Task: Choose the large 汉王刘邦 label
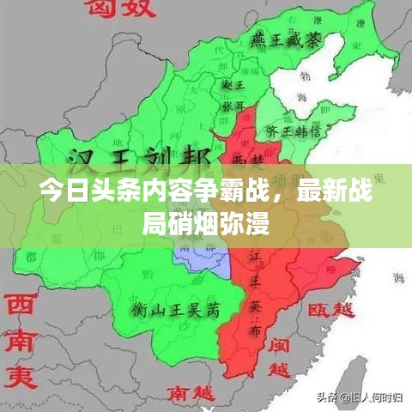tap(136, 160)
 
